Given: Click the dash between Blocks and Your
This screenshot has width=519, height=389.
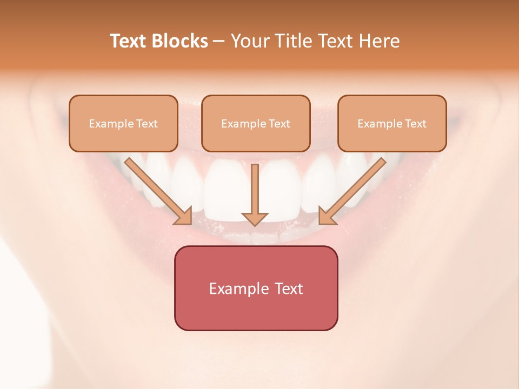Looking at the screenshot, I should click(x=219, y=42).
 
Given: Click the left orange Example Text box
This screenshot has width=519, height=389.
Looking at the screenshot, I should click(x=123, y=123).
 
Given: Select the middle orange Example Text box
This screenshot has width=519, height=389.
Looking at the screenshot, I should click(x=256, y=123).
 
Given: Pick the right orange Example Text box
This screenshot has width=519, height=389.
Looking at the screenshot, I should click(x=392, y=123).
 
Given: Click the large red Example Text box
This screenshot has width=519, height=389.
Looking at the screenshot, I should click(x=256, y=288).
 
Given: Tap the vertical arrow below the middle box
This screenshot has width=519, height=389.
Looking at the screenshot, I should click(x=255, y=189).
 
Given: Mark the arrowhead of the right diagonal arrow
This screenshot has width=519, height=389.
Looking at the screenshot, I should click(x=326, y=216).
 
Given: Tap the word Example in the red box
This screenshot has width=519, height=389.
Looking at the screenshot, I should click(x=239, y=289).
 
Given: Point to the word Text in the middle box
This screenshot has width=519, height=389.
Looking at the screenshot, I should click(x=279, y=124).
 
